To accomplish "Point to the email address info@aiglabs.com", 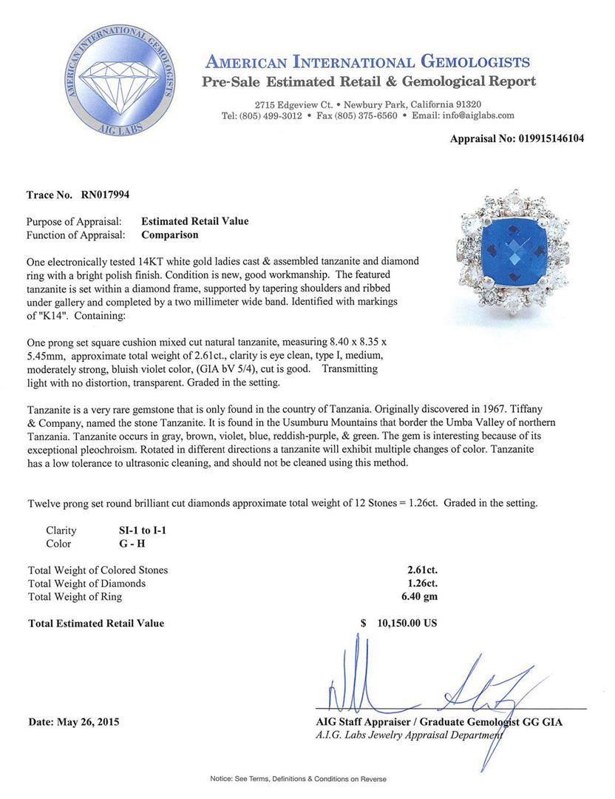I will click(x=473, y=115).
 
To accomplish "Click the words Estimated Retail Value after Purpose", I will click(x=194, y=221).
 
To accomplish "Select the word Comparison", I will click(x=170, y=235).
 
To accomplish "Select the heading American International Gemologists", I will click(x=367, y=61).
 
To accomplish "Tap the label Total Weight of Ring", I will click(x=75, y=597).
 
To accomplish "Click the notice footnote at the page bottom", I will click(x=299, y=779).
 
